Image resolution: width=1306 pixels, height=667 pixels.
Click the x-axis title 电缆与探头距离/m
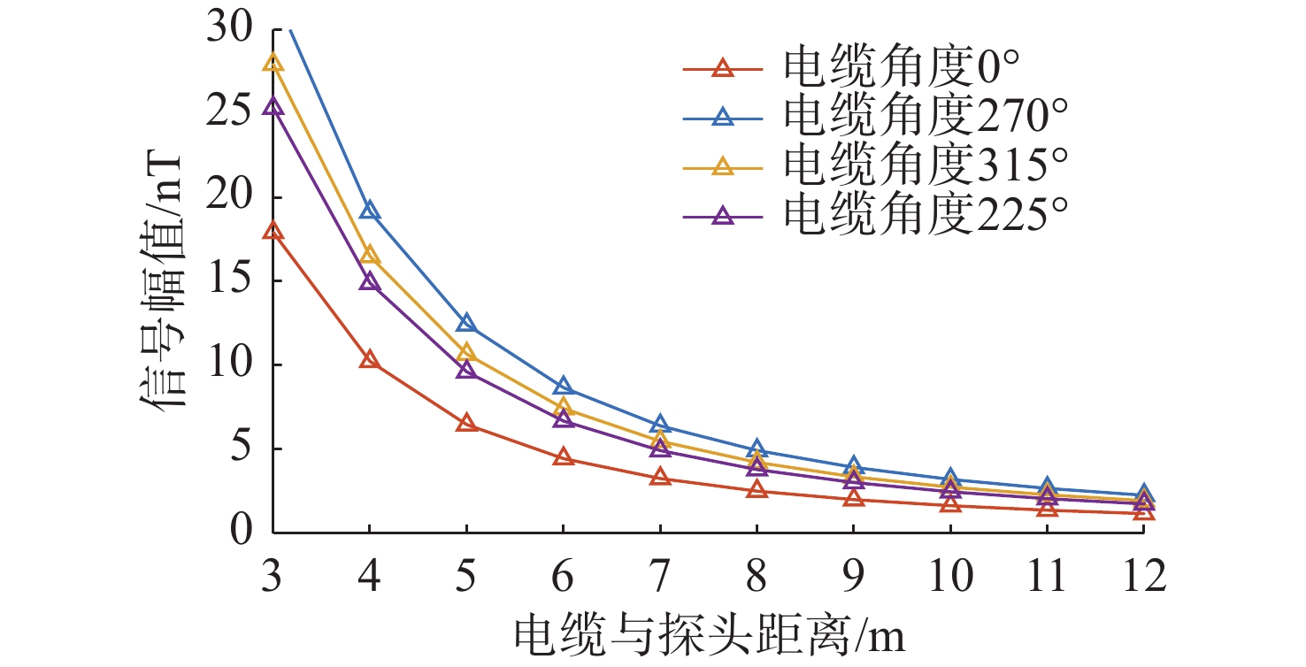coord(711,636)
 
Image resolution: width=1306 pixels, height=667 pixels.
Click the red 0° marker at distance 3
coord(273,231)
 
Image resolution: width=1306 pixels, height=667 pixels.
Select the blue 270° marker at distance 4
coord(370,210)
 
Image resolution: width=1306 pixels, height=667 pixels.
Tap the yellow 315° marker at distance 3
coord(273,62)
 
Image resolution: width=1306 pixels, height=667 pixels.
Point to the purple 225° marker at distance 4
coord(370,281)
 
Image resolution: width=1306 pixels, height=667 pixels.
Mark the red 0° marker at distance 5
coord(466,423)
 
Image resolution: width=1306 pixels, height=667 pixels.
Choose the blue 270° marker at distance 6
coord(563,386)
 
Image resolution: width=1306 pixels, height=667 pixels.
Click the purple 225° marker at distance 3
coord(273,106)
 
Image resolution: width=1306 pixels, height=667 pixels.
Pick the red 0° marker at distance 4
coord(370,359)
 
